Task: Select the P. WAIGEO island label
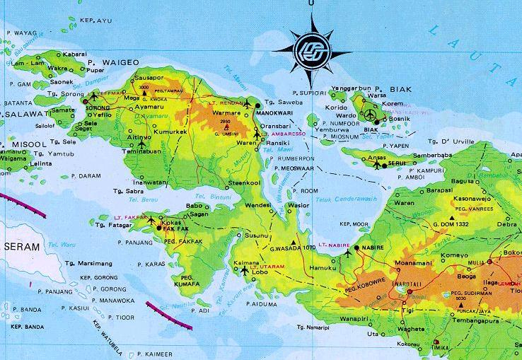[x=123, y=62]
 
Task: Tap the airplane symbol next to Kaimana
[x=245, y=270]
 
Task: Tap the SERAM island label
[x=20, y=246]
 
